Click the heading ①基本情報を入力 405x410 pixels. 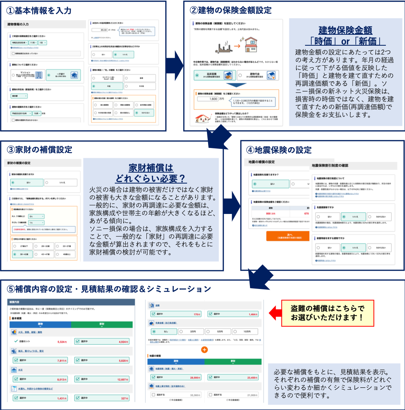click(x=39, y=11)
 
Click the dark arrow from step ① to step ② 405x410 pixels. click(x=175, y=62)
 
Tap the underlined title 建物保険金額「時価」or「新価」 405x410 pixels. click(x=345, y=36)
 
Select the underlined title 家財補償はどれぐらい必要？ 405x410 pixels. click(x=151, y=173)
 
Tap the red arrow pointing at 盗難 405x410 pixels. click(x=276, y=312)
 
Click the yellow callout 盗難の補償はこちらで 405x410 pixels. click(x=327, y=313)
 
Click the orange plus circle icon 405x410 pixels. click(x=204, y=349)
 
